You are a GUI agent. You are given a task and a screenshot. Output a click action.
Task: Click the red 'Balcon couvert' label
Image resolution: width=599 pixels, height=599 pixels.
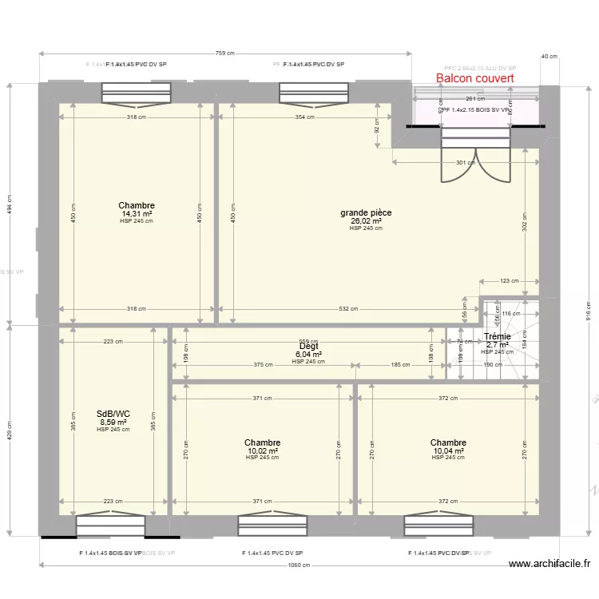(474, 78)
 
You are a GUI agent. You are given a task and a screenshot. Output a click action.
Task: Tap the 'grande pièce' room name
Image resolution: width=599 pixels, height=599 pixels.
(366, 212)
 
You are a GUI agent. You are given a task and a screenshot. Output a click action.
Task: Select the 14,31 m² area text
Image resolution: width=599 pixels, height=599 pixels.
(136, 214)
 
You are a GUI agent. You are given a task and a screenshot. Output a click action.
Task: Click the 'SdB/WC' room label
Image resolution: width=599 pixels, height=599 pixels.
(113, 414)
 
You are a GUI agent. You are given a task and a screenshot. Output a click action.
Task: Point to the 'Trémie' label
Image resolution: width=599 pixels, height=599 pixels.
(497, 337)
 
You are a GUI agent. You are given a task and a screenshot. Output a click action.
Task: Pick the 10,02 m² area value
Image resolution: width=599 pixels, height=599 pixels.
(263, 450)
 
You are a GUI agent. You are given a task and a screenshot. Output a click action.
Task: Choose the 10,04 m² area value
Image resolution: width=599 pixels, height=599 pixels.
(448, 450)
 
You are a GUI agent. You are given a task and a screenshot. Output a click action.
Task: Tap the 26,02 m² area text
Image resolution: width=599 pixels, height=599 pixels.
(366, 221)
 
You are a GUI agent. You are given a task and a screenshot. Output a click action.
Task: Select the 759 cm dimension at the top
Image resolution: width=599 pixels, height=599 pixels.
(225, 54)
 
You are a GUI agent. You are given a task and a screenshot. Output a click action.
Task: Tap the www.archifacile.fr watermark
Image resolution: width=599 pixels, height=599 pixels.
(550, 563)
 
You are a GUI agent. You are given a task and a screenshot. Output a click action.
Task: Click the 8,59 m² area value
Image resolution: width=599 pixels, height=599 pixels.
(113, 422)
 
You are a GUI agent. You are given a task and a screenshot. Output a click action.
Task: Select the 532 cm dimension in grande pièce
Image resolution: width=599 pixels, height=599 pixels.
(347, 309)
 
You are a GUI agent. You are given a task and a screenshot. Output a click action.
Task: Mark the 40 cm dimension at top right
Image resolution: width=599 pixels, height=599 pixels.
(549, 57)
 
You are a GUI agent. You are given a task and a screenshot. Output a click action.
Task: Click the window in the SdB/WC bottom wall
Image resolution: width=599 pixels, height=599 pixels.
(111, 526)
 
